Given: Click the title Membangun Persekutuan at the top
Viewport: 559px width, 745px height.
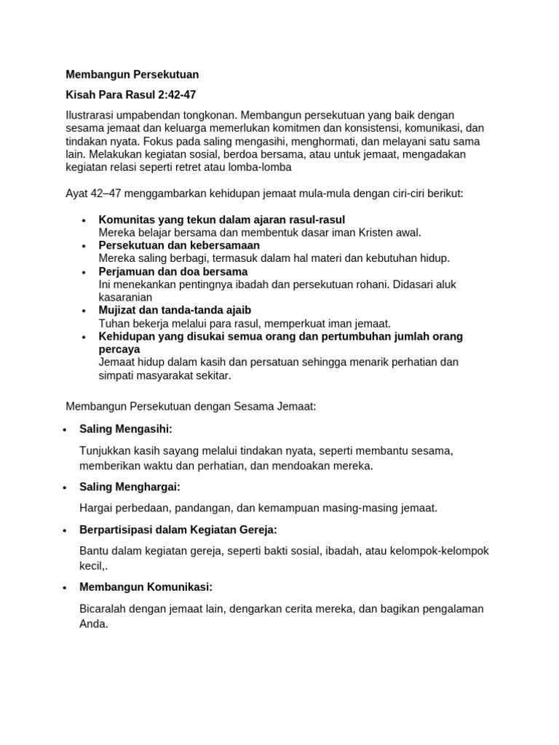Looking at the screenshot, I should tap(132, 74).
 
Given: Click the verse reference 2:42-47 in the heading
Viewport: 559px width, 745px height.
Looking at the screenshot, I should tap(172, 95).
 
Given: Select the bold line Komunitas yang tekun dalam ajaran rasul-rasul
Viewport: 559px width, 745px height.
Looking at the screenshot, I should tap(221, 220).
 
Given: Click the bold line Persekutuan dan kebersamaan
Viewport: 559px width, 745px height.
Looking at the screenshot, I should tap(179, 245).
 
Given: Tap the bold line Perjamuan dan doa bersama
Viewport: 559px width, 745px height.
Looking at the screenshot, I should tap(173, 271).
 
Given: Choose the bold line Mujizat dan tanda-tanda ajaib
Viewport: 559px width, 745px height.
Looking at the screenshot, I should tap(175, 310).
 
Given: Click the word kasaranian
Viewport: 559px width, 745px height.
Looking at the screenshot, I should tap(125, 297).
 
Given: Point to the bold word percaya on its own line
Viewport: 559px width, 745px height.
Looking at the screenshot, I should tap(119, 349).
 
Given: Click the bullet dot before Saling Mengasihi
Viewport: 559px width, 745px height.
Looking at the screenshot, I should tap(66, 429).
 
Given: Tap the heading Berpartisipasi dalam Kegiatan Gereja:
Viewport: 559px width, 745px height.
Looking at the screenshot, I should tap(178, 530).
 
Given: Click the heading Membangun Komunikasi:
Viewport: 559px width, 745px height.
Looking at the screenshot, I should tap(146, 586).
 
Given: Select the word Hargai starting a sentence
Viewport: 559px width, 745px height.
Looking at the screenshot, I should tap(95, 508).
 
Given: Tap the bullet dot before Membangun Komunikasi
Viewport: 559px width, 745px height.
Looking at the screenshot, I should tap(66, 587).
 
